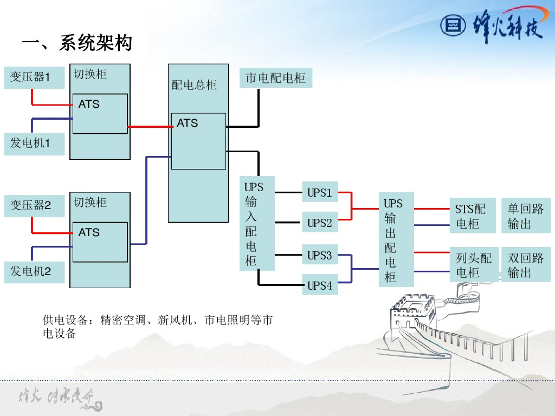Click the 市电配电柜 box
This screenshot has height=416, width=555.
[275, 78]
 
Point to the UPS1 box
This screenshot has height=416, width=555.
[319, 192]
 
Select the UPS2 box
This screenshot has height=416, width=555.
[319, 222]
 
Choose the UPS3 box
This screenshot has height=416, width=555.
[319, 255]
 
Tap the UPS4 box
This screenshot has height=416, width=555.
[319, 285]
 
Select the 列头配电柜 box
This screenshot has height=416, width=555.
[473, 265]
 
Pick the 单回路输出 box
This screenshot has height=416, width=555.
[525, 216]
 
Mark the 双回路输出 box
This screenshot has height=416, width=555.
[525, 265]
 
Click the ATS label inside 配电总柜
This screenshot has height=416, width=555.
[188, 123]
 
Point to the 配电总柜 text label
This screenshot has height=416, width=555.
[194, 85]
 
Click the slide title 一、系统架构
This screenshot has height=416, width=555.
[77, 43]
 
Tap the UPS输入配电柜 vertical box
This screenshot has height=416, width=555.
[257, 224]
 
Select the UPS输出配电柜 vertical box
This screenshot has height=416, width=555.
[396, 240]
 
